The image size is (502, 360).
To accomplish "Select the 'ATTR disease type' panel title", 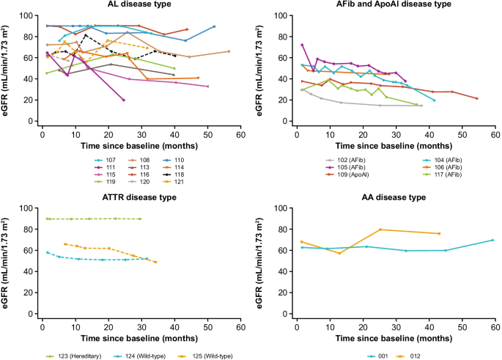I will point(125,197).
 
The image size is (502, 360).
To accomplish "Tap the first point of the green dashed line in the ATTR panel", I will point(47,218).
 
